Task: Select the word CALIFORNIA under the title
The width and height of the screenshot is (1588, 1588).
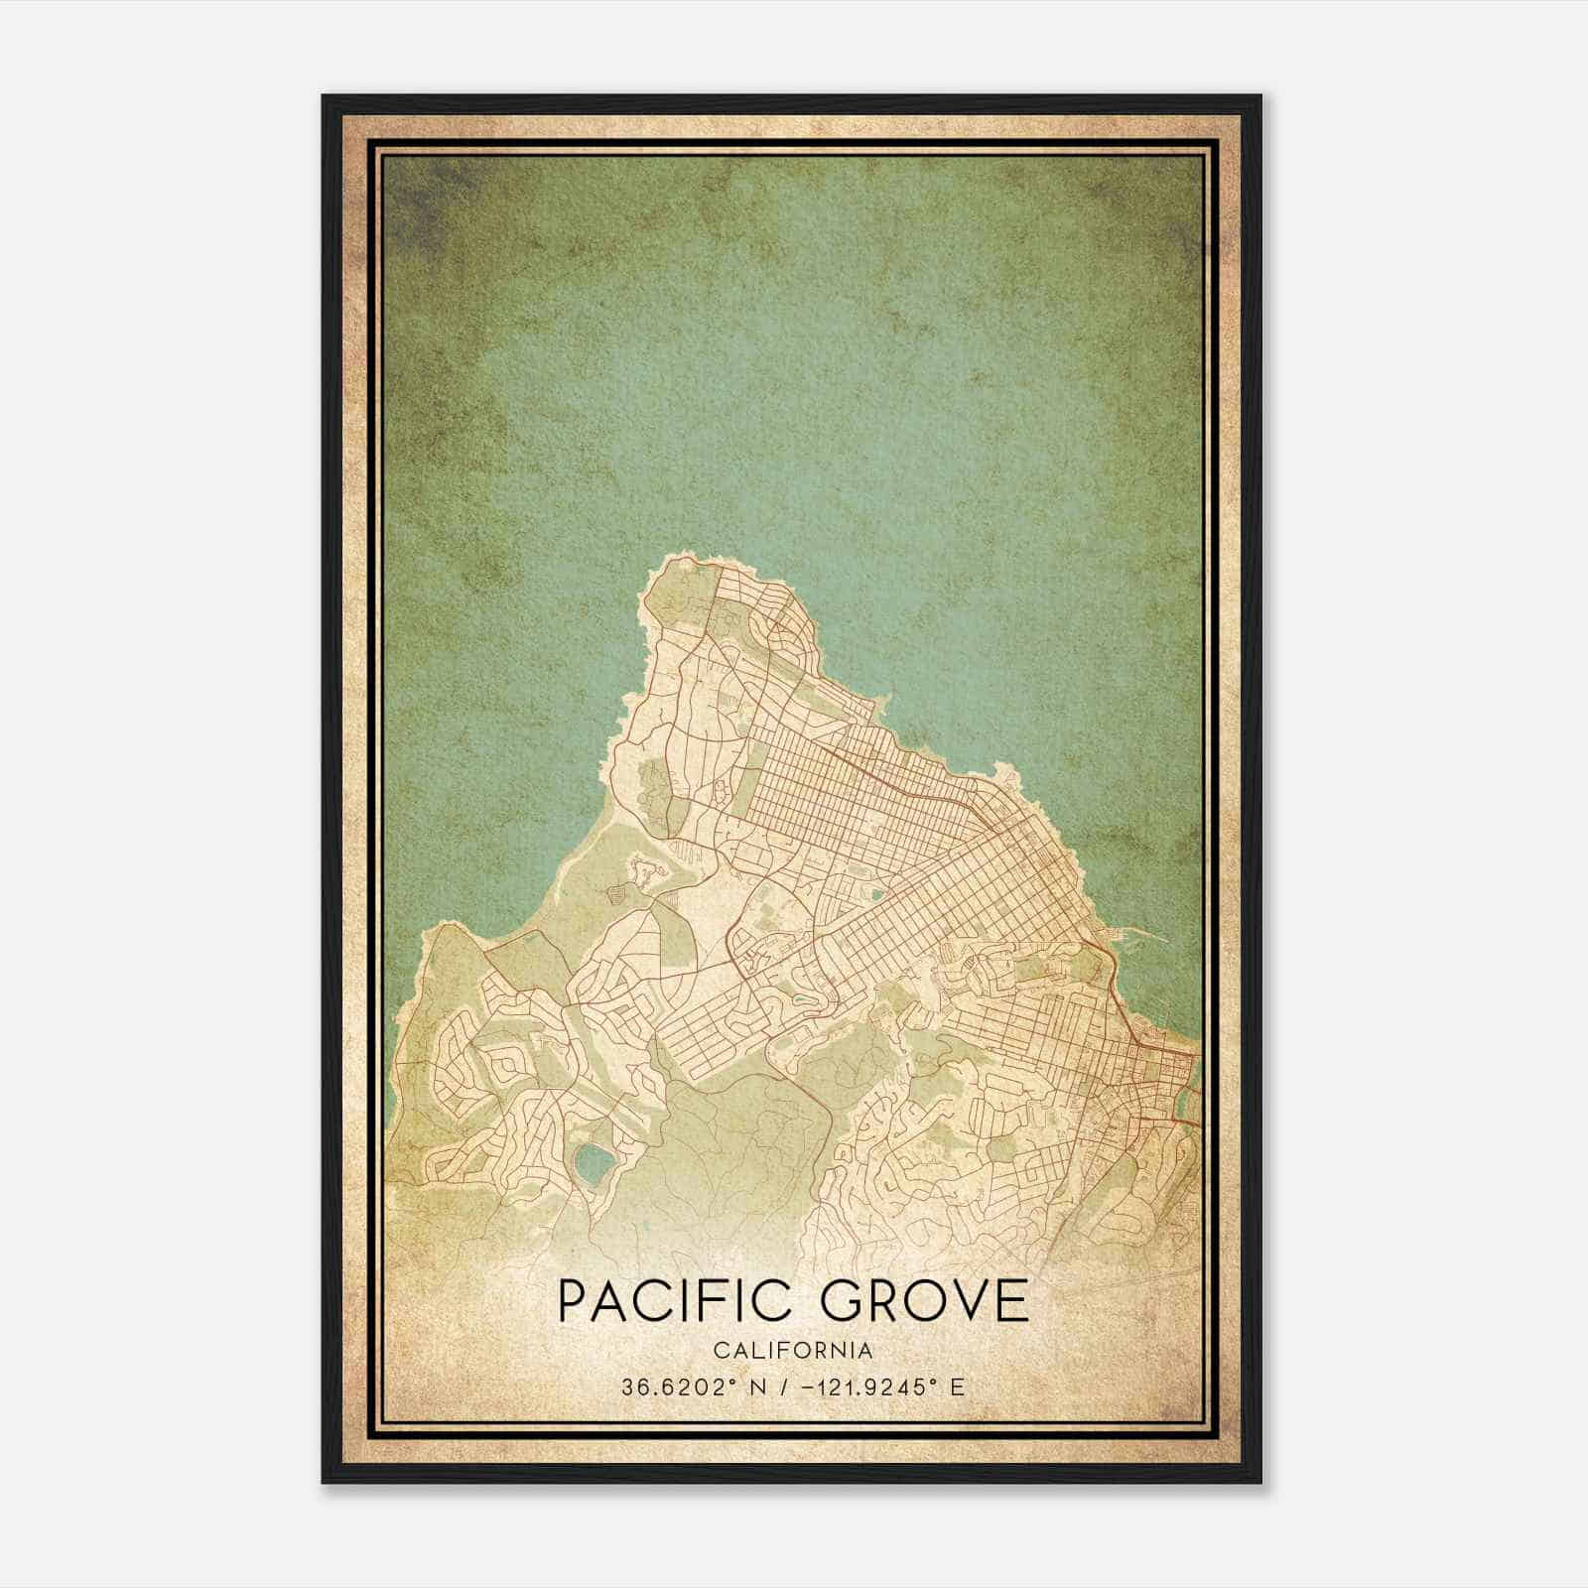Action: point(793,1351)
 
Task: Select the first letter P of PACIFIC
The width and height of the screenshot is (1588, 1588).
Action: point(575,1301)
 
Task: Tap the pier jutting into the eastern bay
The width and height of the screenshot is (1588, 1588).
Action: point(1141,933)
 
